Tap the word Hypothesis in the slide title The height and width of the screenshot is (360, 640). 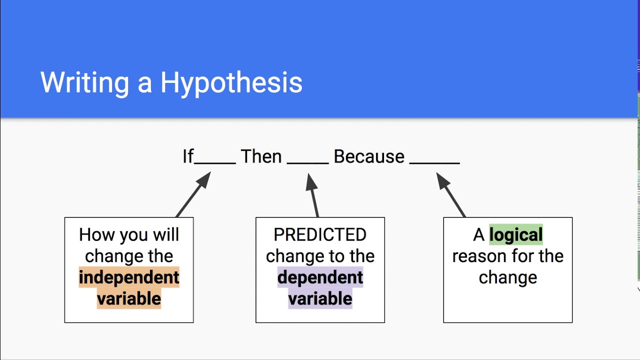pyautogui.click(x=231, y=83)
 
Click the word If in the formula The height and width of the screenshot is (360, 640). pyautogui.click(x=187, y=156)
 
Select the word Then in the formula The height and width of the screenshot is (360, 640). pyautogui.click(x=261, y=156)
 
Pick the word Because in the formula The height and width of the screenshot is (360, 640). pyautogui.click(x=368, y=156)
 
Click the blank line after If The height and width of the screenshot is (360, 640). pyautogui.click(x=215, y=162)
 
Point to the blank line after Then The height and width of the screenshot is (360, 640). pyautogui.click(x=308, y=162)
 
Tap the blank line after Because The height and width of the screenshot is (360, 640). pyautogui.click(x=434, y=162)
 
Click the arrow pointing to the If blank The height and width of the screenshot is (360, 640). pyautogui.click(x=193, y=194)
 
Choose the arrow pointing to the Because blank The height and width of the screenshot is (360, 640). pyautogui.click(x=451, y=194)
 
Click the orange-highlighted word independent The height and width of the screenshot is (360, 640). pyautogui.click(x=129, y=277)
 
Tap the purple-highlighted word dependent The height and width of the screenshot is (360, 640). pyautogui.click(x=320, y=277)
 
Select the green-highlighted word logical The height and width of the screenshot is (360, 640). pyautogui.click(x=515, y=234)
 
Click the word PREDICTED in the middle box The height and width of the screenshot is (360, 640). pyautogui.click(x=320, y=234)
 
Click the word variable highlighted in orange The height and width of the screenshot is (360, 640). pyautogui.click(x=129, y=298)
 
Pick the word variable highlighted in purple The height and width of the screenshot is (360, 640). pyautogui.click(x=320, y=298)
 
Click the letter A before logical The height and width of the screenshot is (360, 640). pyautogui.click(x=479, y=234)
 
